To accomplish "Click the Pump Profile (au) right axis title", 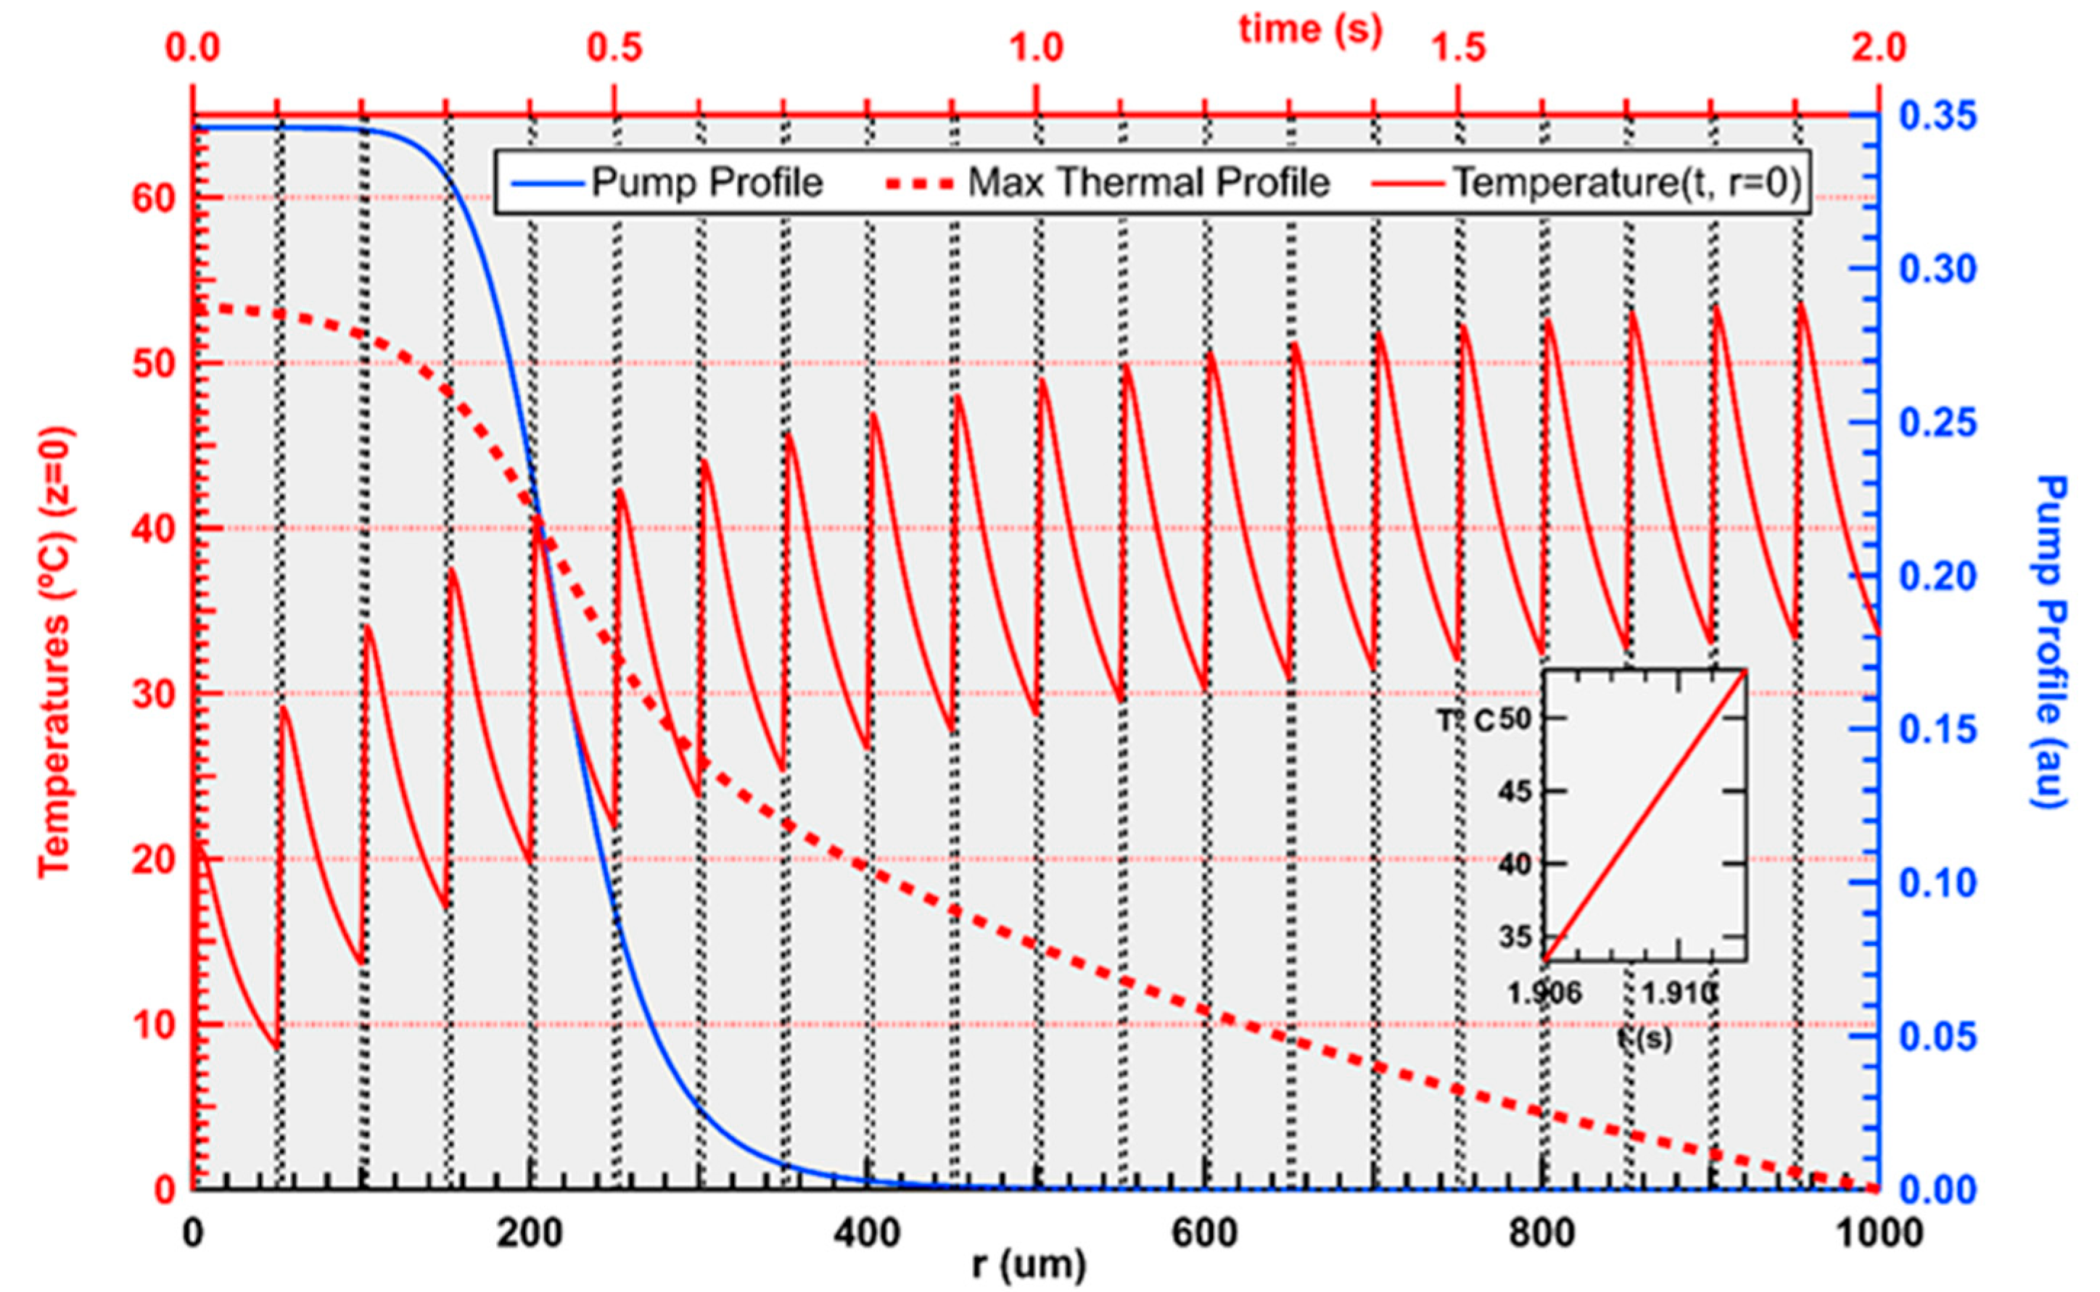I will tap(2049, 641).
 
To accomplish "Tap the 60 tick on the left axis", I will tap(152, 199).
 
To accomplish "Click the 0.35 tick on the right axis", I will tap(1938, 117).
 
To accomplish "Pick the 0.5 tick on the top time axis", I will tap(614, 49).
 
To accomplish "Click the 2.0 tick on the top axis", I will tap(1877, 49).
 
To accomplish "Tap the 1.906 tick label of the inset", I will tap(1544, 994).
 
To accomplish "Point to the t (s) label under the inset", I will tap(1644, 1038).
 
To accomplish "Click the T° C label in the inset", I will tap(1465, 721).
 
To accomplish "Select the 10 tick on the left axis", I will tap(152, 1024).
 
